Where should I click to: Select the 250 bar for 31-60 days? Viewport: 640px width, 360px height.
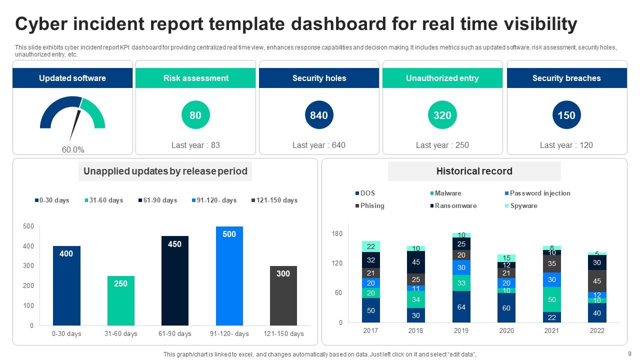point(120,300)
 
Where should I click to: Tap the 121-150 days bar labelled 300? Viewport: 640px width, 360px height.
point(283,295)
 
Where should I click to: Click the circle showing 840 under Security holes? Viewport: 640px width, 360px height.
point(319,115)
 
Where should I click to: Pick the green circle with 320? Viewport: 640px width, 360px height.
point(442,115)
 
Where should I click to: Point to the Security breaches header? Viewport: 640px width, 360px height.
point(566,78)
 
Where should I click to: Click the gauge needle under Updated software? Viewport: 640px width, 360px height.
point(75,122)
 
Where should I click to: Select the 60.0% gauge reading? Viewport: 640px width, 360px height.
point(73,149)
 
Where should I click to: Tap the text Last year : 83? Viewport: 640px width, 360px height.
point(195,145)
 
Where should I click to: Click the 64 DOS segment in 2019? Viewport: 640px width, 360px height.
point(461,306)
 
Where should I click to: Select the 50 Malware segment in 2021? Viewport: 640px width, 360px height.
point(552,299)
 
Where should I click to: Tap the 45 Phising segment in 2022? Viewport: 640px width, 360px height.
point(597,281)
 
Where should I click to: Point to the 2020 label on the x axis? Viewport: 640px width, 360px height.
point(506,330)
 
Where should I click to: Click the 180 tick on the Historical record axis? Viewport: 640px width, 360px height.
point(337,234)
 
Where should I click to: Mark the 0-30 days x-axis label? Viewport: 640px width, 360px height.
point(66,333)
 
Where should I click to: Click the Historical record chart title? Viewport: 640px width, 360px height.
point(474,171)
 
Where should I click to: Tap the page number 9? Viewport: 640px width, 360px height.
point(629,354)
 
